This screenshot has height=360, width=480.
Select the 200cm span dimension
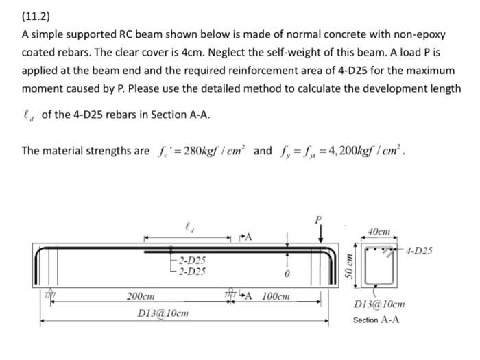click(x=141, y=297)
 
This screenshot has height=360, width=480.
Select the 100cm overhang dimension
click(x=276, y=297)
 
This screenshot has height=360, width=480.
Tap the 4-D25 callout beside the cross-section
click(x=420, y=251)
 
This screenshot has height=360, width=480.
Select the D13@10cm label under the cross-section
click(x=379, y=304)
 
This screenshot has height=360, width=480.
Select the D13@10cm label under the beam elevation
click(x=163, y=313)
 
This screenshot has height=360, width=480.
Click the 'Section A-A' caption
click(x=376, y=320)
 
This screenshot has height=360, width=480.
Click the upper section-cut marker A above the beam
click(x=248, y=237)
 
